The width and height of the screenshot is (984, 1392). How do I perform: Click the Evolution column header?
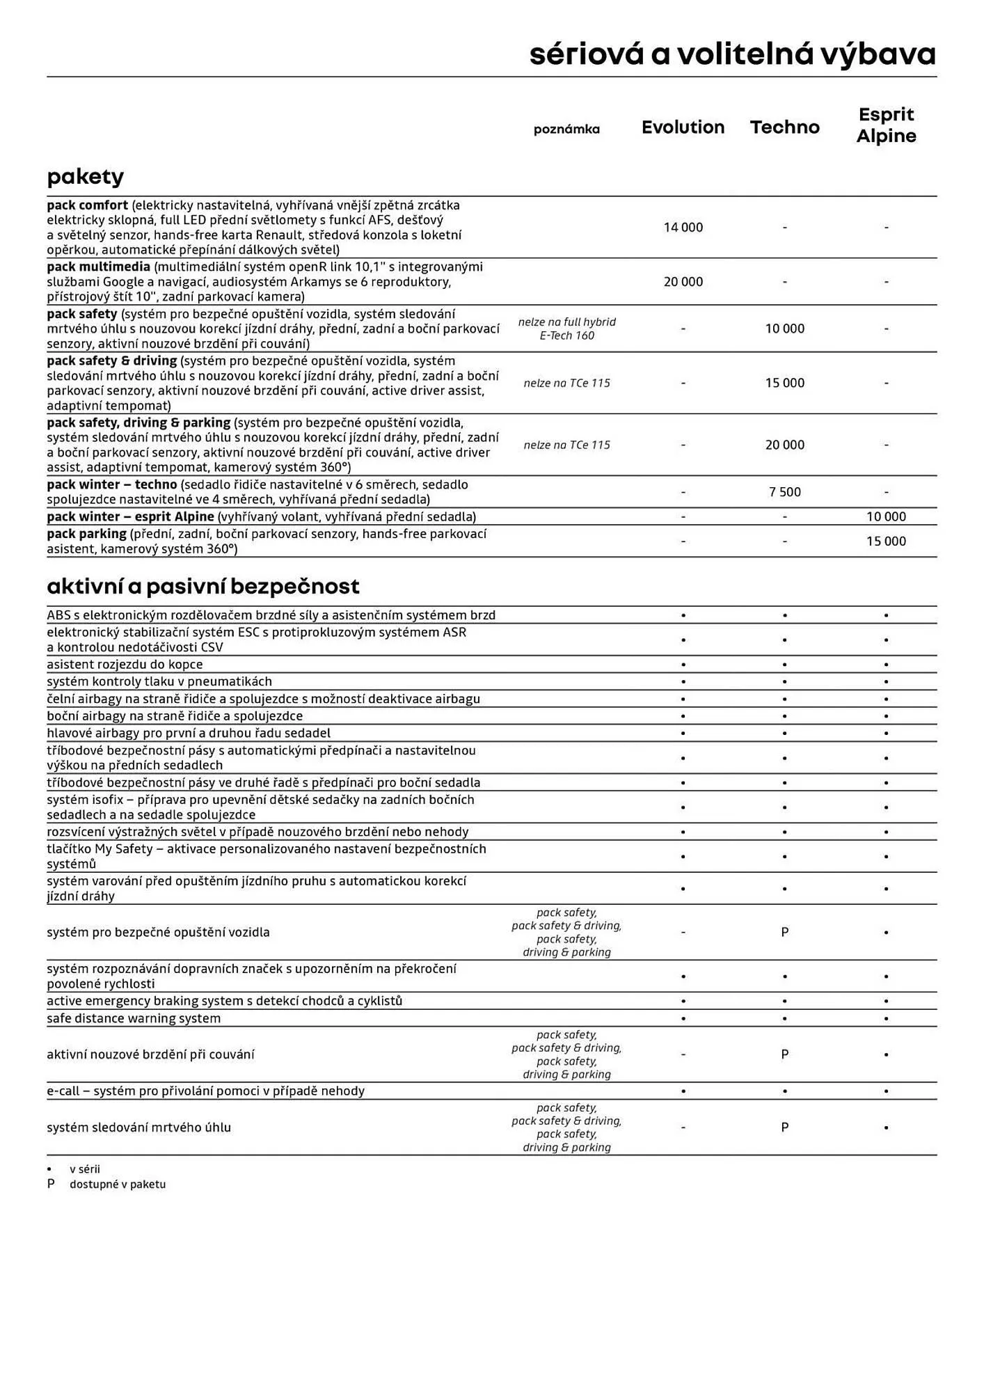tap(683, 127)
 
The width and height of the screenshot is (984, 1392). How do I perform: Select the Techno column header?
tap(784, 127)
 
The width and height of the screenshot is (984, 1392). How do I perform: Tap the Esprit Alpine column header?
tap(886, 125)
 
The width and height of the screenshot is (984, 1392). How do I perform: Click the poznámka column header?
tap(566, 129)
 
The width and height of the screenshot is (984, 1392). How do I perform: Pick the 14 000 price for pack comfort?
tap(683, 228)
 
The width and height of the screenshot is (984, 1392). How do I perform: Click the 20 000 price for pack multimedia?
tap(683, 282)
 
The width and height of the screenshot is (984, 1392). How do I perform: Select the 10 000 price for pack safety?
tap(784, 329)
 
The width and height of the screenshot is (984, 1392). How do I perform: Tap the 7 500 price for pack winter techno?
tap(784, 492)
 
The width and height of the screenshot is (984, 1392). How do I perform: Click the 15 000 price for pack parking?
tap(886, 541)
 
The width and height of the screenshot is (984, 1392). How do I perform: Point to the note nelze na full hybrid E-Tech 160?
tap(566, 329)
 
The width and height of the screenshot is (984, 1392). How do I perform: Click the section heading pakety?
tap(85, 177)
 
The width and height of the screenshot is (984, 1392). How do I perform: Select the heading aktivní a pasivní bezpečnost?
tap(203, 587)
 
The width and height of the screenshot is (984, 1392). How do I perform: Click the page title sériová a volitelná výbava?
tap(732, 54)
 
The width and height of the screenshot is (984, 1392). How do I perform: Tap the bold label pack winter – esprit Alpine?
tap(130, 516)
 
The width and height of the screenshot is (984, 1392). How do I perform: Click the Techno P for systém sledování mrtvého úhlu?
tap(784, 1127)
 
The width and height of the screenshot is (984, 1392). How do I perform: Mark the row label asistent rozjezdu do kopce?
tap(125, 664)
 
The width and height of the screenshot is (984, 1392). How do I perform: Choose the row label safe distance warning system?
tap(134, 1018)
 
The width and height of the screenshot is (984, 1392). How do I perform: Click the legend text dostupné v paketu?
tap(118, 1184)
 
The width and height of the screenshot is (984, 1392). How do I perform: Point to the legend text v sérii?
tap(84, 1169)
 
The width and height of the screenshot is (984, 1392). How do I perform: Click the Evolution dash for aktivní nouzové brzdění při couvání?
tap(683, 1054)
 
